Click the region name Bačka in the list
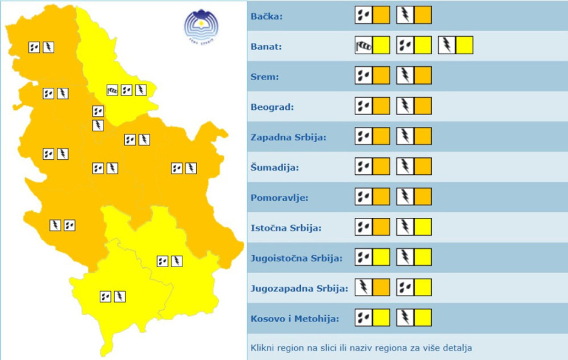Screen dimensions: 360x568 tap(267, 16)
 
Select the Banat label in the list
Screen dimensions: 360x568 tap(266, 47)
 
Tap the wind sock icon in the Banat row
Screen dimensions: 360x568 tap(364, 45)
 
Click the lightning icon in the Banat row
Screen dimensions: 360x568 tap(447, 45)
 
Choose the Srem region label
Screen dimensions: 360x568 tap(264, 77)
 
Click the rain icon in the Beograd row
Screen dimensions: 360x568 tap(364, 106)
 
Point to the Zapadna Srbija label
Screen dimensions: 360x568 tap(288, 137)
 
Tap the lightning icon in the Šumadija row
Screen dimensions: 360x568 tap(405, 167)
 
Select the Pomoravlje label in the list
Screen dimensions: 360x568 tap(279, 198)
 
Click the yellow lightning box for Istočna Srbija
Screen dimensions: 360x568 tap(422, 227)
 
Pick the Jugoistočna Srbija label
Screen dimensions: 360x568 tap(296, 258)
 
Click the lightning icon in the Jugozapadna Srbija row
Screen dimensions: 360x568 tap(364, 287)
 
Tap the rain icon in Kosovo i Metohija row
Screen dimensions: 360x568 tap(364, 318)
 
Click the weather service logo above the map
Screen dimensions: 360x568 tap(201, 25)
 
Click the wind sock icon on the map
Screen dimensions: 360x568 tap(112, 90)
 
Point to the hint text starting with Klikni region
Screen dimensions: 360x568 tap(361, 347)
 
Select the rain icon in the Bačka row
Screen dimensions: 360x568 tap(364, 15)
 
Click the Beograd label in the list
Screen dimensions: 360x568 tap(272, 107)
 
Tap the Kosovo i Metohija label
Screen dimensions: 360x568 tap(295, 319)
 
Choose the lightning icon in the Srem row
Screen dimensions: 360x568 tap(405, 76)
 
